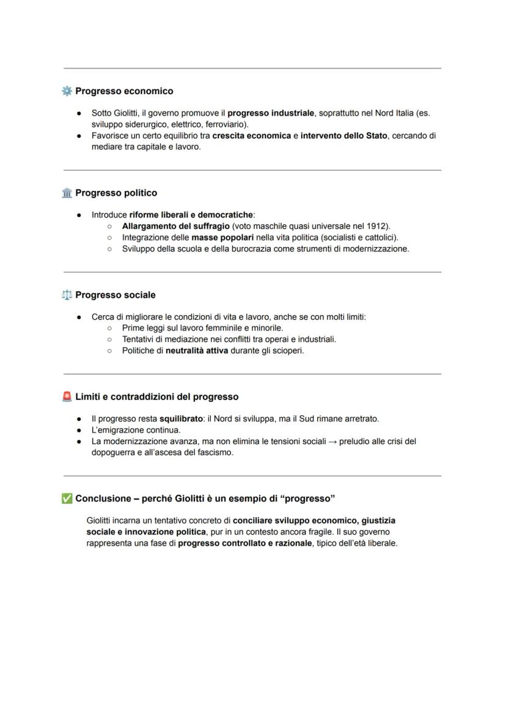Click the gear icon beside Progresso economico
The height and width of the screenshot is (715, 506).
tap(67, 91)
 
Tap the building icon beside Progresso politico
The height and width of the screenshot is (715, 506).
tap(67, 193)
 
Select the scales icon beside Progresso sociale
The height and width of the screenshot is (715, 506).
tap(67, 295)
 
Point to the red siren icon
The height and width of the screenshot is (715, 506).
tap(67, 397)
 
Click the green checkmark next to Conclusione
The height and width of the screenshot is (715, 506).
tap(67, 498)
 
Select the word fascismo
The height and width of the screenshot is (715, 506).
tap(214, 453)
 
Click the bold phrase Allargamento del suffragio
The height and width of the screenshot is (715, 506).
tap(176, 226)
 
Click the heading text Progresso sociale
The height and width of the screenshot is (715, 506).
tap(116, 295)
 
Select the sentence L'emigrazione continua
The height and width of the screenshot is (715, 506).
tap(136, 430)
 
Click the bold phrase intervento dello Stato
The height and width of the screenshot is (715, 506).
tap(344, 136)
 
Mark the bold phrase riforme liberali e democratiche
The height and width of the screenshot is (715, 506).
tap(191, 215)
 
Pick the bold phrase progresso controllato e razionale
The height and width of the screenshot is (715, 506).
tap(244, 543)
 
